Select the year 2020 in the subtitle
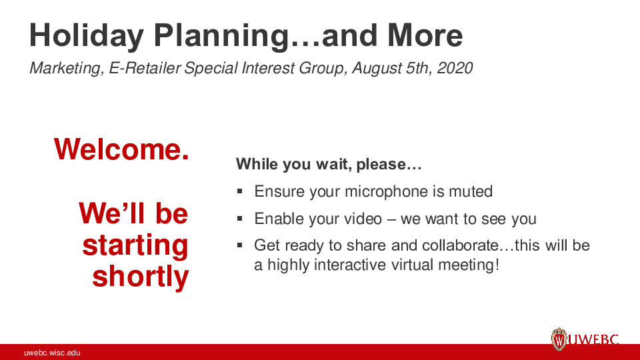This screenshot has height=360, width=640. [x=455, y=68]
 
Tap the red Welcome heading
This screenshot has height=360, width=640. [x=121, y=149]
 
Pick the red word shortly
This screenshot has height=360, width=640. [x=140, y=276]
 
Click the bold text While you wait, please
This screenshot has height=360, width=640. [x=329, y=164]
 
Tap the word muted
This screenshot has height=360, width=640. [x=470, y=192]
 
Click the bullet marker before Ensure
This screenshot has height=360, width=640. [x=240, y=192]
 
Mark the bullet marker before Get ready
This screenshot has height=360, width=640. [x=240, y=245]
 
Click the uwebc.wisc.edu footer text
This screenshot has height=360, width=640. [x=52, y=353]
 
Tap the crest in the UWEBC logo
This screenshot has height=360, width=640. [x=559, y=340]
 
